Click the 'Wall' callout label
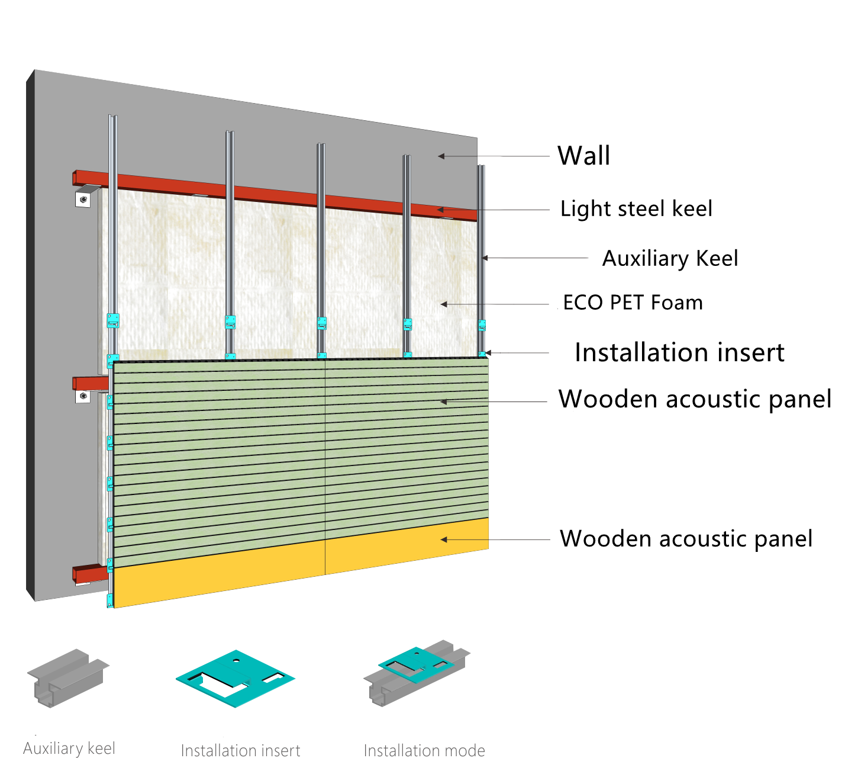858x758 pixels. click(583, 156)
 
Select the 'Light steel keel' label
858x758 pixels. click(636, 209)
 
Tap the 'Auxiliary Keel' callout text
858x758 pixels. click(670, 259)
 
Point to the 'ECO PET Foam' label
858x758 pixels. click(633, 303)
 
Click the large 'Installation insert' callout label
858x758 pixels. click(679, 353)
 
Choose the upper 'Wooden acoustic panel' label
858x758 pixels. click(695, 399)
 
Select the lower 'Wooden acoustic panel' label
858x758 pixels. click(686, 539)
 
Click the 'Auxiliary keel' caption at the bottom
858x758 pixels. click(69, 749)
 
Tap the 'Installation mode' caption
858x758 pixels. click(424, 750)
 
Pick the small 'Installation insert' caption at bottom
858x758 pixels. click(240, 750)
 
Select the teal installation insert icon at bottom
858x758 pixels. click(235, 679)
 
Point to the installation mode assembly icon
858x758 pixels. click(417, 672)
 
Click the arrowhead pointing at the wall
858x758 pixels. click(441, 156)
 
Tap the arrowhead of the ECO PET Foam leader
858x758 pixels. click(444, 304)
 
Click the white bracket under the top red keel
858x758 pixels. click(84, 198)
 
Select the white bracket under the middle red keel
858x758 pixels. click(83, 396)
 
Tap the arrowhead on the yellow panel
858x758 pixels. click(444, 539)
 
